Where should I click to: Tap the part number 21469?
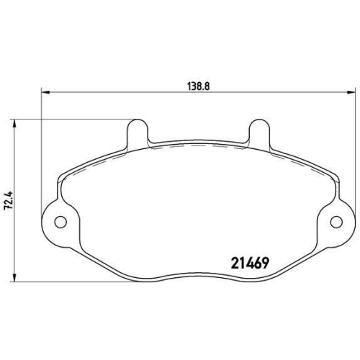(x=249, y=263)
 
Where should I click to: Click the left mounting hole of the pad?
(x=61, y=221)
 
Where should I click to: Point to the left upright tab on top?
(x=138, y=132)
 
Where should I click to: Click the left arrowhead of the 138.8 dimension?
(x=45, y=91)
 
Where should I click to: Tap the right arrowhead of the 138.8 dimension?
(x=352, y=91)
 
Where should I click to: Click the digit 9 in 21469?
(x=265, y=263)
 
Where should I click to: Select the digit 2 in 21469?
(x=233, y=263)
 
